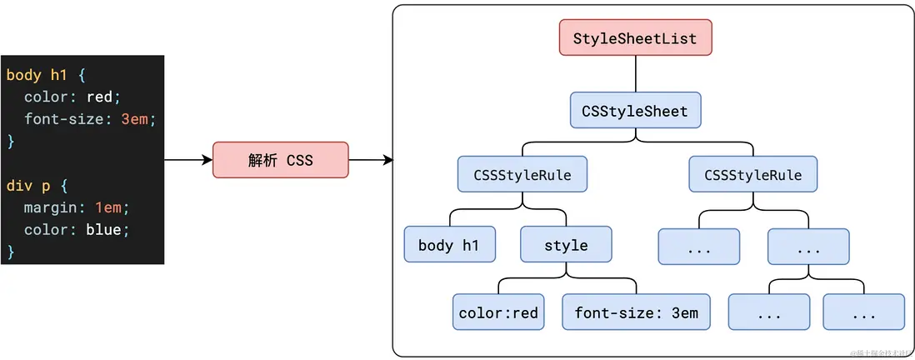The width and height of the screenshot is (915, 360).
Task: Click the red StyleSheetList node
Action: click(x=635, y=37)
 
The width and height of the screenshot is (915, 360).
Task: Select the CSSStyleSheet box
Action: click(x=635, y=111)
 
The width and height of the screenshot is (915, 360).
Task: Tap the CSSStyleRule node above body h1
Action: click(x=522, y=175)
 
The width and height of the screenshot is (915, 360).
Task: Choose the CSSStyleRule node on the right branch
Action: click(x=753, y=175)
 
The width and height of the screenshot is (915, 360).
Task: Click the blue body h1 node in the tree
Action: click(x=450, y=245)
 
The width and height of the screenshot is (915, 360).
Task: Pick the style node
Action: click(x=566, y=245)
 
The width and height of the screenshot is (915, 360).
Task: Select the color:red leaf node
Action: click(x=498, y=313)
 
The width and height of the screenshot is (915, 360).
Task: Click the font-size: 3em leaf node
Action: click(x=636, y=313)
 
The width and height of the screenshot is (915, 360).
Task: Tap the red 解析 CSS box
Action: click(x=281, y=160)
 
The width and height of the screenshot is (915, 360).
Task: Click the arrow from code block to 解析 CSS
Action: click(x=188, y=160)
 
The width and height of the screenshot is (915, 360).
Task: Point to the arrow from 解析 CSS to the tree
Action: click(x=371, y=160)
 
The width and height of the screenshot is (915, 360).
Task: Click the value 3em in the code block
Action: click(x=134, y=119)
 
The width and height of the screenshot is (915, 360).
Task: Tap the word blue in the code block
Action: click(x=103, y=229)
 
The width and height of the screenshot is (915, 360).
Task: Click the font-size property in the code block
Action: click(x=63, y=119)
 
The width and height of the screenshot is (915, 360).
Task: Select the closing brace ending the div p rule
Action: click(x=11, y=251)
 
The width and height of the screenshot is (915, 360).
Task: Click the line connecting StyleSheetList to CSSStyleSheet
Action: click(x=635, y=74)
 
